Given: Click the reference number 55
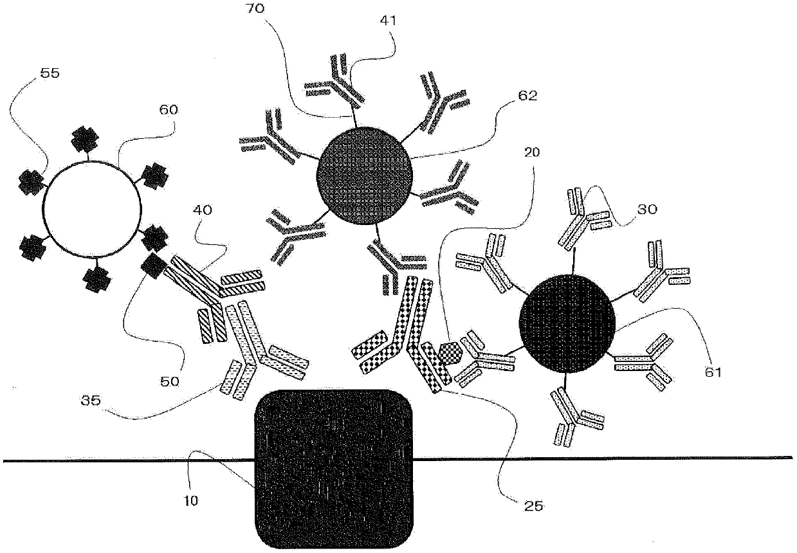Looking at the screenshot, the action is point(49,73).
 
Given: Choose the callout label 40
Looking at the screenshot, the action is point(204,211).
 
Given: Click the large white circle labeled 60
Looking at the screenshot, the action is point(91,208).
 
